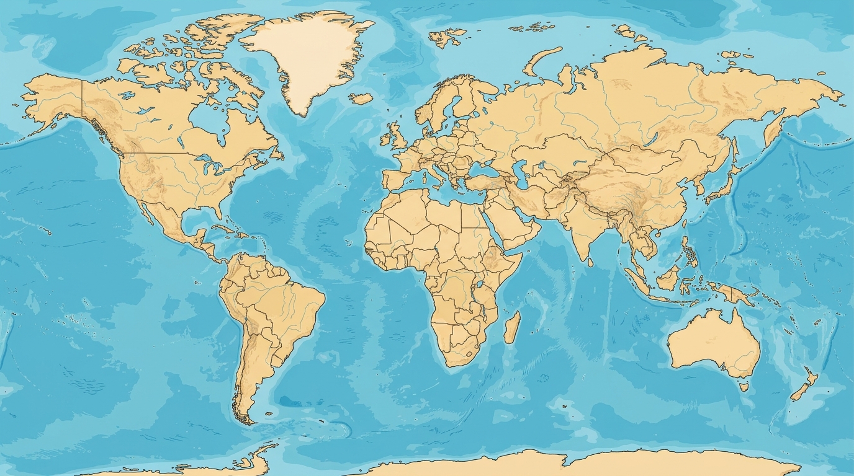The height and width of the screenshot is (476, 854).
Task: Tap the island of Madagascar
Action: point(512,327)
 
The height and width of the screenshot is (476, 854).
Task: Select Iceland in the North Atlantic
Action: point(361,98)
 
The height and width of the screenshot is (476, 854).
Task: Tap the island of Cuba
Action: point(227,229)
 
